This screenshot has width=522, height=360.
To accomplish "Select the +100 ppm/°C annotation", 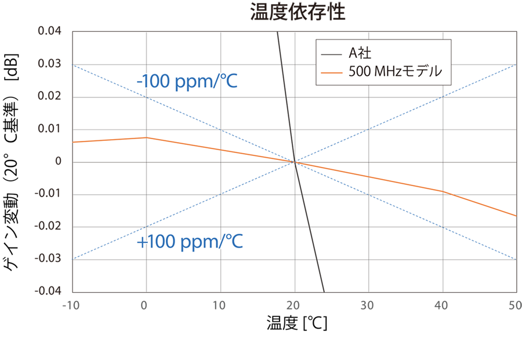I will tap(189, 242).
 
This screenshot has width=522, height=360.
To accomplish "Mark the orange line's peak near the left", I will tap(146, 137).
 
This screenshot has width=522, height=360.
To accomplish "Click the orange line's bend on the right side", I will tap(443, 191).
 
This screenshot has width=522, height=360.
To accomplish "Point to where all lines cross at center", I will tap(295, 162).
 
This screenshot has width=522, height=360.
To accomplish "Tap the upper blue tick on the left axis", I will tap(68, 65).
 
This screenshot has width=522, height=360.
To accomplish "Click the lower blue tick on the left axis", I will tap(68, 259).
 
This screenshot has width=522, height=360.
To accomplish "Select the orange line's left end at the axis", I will tap(73, 141).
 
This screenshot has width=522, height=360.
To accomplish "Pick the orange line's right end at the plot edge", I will tap(516, 216).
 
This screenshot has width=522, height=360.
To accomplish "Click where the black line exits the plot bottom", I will tap(323, 291).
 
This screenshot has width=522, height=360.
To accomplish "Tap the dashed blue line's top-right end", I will tap(516, 65).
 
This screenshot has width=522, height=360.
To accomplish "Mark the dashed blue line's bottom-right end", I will tap(516, 259).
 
